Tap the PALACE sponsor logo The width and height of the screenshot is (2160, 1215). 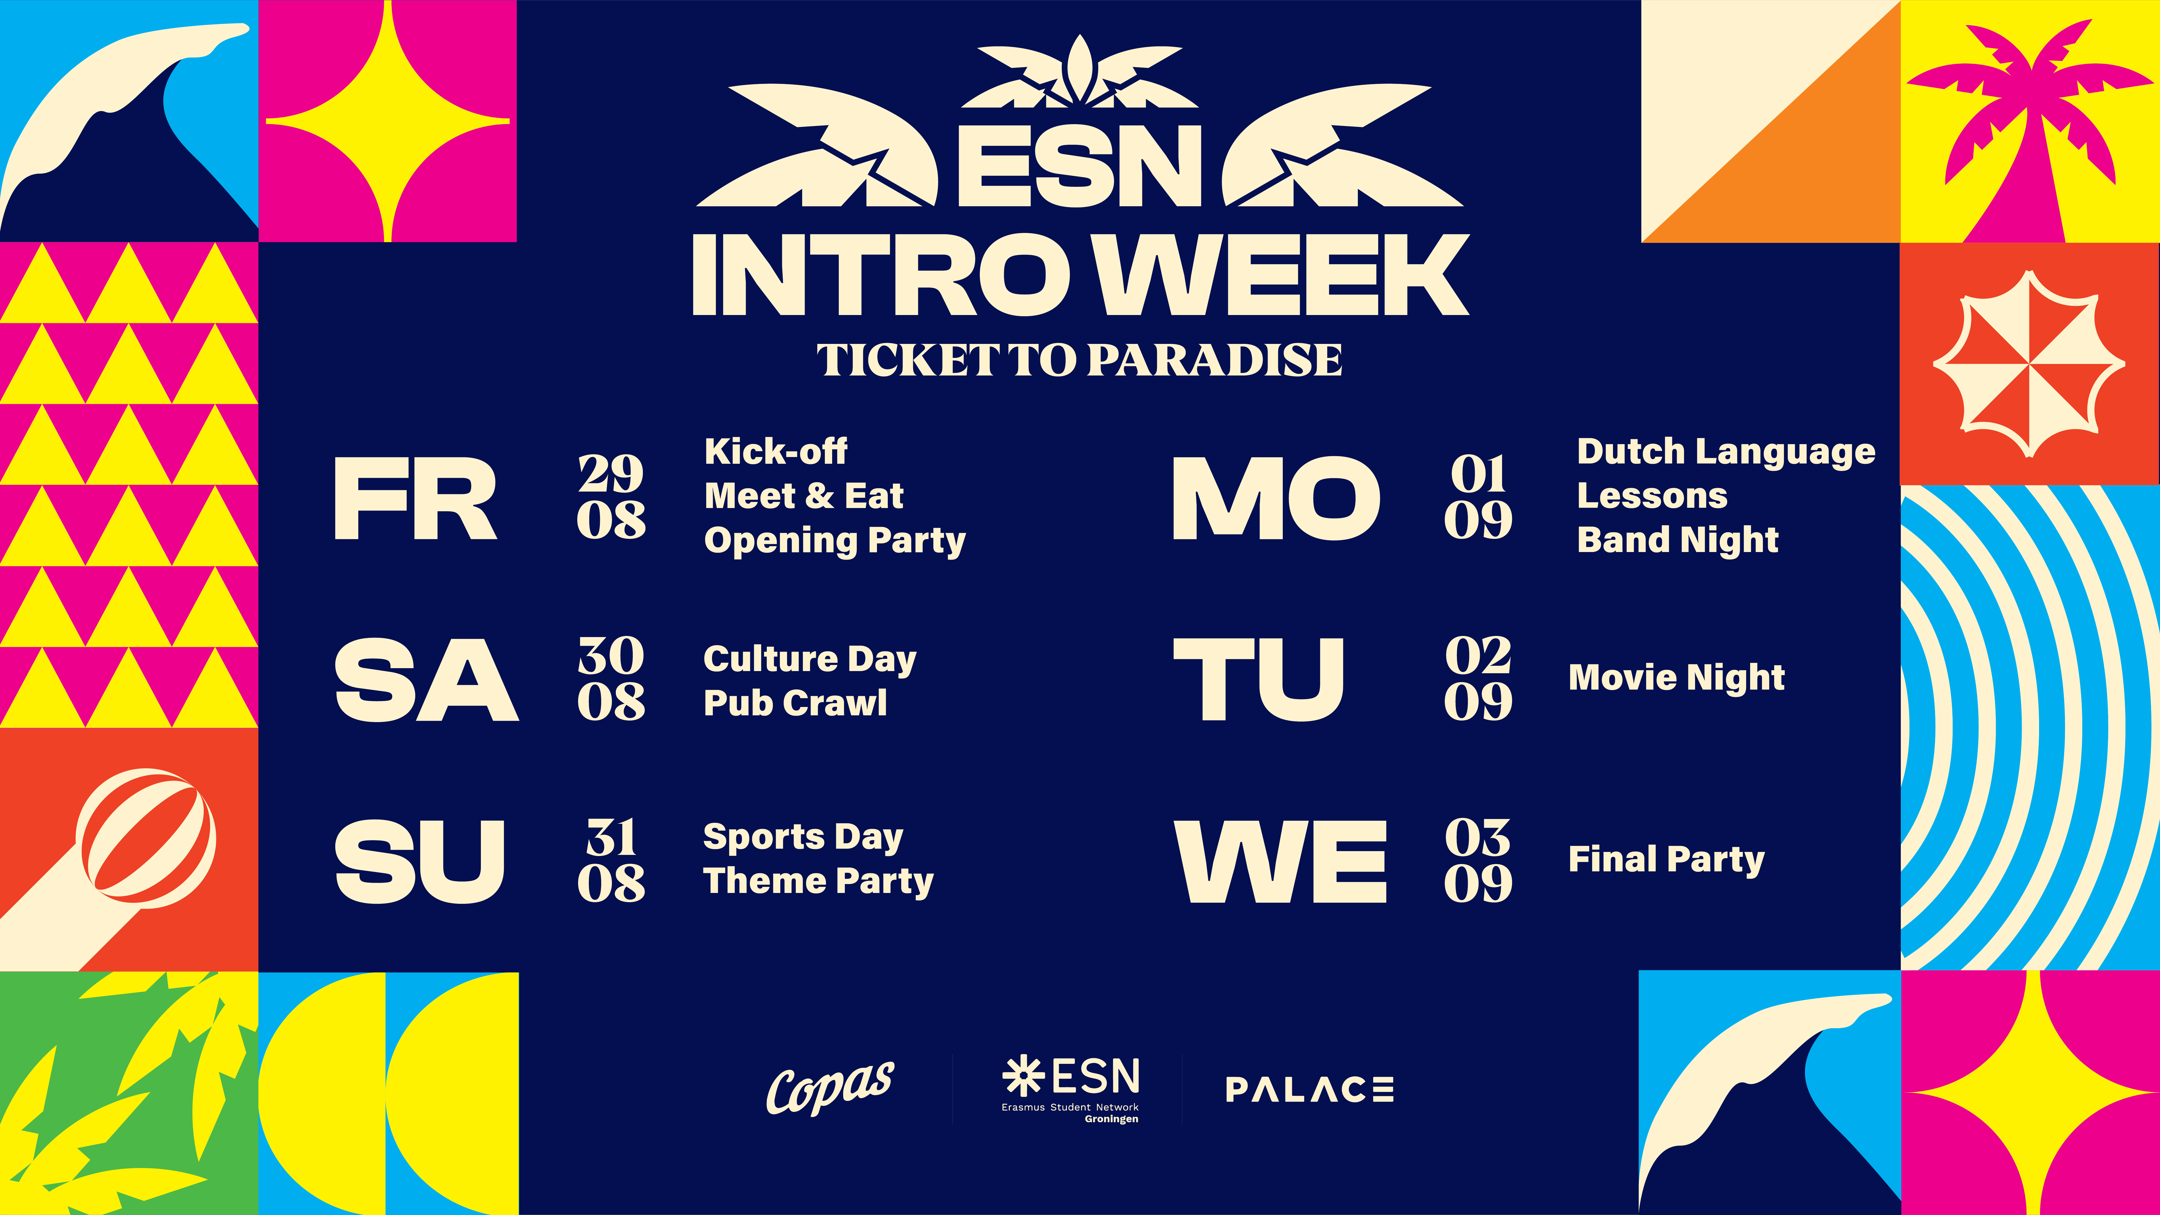pyautogui.click(x=1309, y=1089)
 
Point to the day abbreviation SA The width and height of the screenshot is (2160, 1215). pyautogui.click(x=426, y=679)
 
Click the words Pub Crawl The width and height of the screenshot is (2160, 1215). pyautogui.click(x=795, y=703)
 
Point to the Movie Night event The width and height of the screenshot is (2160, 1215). pyautogui.click(x=1676, y=678)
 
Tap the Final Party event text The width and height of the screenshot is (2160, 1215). pyautogui.click(x=1666, y=859)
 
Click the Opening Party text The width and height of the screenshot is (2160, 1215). pyautogui.click(x=834, y=541)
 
